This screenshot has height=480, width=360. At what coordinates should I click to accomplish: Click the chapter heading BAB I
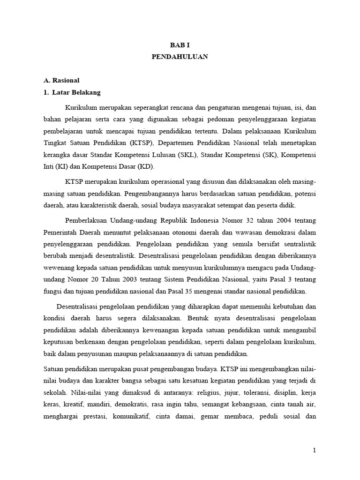[x=180, y=45]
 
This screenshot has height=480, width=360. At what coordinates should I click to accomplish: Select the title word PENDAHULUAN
[x=180, y=57]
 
